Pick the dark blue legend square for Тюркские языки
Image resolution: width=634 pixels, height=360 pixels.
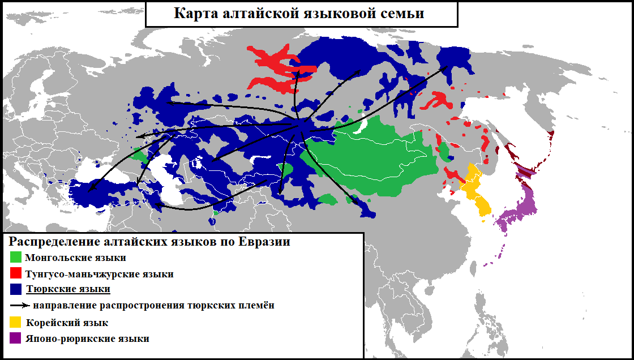coord(16,289)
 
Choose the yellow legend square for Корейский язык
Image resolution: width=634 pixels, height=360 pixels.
coord(16,323)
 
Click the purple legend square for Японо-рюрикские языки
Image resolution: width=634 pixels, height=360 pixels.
coord(16,338)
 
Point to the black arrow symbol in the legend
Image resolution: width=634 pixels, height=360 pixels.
coord(20,306)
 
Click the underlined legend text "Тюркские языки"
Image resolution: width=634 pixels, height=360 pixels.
coord(68,289)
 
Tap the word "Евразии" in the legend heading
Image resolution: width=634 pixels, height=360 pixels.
coord(264,242)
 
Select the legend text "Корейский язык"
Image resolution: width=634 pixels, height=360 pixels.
coord(66,323)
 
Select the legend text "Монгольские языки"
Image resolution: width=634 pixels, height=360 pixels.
coord(75,258)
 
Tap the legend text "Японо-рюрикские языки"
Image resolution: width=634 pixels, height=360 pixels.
coord(87,339)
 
